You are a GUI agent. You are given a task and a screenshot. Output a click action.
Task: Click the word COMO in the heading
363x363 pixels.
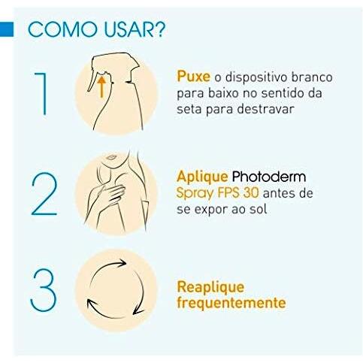62,30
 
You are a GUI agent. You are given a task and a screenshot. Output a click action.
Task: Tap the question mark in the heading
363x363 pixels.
159,29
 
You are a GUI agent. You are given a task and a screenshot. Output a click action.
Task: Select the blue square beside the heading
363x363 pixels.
7,29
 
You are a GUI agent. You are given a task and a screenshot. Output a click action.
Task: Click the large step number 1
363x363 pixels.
41,94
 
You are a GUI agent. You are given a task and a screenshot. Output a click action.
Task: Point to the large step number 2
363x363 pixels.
44,194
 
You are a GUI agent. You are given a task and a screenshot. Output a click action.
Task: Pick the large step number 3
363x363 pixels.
44,290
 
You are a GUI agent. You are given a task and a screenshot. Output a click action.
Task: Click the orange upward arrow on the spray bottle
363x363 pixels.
101,86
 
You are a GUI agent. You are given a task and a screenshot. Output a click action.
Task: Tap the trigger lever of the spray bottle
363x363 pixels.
92,77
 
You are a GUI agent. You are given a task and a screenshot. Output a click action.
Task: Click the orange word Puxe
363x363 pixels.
193,76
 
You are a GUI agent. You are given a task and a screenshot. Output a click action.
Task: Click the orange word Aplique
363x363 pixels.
202,177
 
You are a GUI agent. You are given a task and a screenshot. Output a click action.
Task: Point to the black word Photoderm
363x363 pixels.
269,177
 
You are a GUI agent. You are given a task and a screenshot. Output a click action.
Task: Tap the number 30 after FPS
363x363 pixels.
251,193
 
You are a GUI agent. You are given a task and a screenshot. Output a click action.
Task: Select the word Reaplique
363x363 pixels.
210,288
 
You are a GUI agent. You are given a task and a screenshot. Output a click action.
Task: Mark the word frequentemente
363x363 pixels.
231,303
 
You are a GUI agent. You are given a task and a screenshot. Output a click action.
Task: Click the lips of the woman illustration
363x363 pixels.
111,157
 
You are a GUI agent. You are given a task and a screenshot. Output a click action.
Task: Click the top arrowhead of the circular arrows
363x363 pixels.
122,263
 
